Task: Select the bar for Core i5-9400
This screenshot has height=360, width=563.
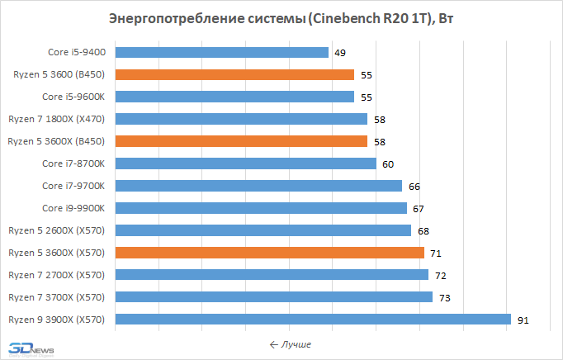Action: (x=222, y=53)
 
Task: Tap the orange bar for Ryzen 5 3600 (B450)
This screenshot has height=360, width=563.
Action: (x=234, y=75)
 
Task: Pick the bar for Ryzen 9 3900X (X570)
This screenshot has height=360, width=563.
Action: (x=313, y=319)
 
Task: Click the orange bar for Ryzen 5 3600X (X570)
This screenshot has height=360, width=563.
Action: (x=270, y=252)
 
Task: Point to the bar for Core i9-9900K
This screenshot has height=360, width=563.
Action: (x=261, y=207)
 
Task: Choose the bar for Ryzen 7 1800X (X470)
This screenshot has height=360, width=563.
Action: (x=241, y=119)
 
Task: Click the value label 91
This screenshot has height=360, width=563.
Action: (x=523, y=320)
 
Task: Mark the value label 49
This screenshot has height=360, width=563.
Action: (x=340, y=53)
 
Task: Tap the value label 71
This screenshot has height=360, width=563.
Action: (x=436, y=253)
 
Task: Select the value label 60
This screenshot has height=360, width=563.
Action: (x=388, y=163)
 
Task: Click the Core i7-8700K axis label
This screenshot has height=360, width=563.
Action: (x=75, y=163)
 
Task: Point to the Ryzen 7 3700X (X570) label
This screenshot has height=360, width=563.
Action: (x=57, y=296)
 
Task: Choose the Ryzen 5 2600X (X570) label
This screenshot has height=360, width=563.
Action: (x=57, y=230)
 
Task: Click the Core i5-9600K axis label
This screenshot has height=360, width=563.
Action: (x=75, y=97)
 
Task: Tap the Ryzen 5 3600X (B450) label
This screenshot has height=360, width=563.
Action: (x=56, y=141)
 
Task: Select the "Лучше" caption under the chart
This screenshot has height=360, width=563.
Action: (x=290, y=343)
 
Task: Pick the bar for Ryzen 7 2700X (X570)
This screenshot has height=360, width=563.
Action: (x=272, y=274)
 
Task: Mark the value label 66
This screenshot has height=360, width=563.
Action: (x=414, y=186)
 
